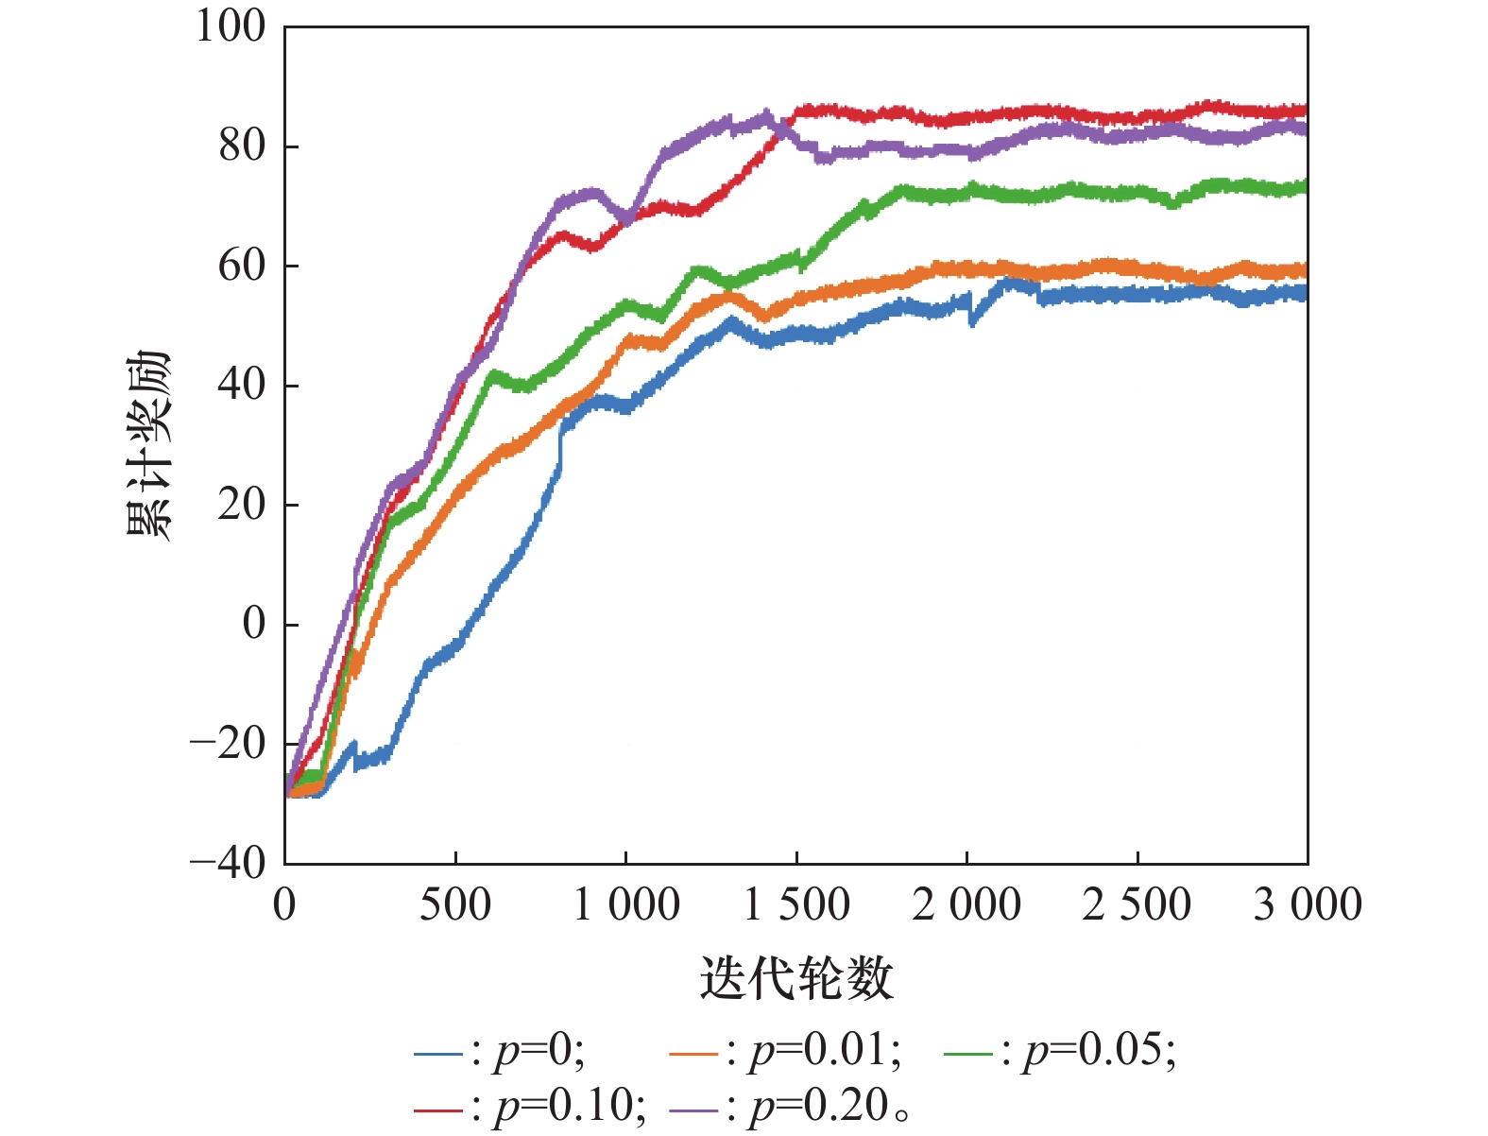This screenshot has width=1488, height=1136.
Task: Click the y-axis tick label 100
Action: point(231,26)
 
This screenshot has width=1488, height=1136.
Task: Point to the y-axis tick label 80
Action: point(242,146)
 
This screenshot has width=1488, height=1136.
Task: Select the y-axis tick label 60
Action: point(242,266)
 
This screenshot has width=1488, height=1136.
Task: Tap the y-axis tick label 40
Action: point(242,386)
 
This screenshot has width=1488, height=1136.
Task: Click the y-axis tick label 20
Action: point(242,505)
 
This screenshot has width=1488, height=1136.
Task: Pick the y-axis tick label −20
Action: point(229,744)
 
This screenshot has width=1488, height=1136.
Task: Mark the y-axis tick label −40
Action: point(229,863)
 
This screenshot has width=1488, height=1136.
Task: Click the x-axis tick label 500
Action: point(455,905)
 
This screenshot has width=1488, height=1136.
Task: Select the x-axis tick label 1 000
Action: point(626,905)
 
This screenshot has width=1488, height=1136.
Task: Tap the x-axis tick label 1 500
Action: point(796,905)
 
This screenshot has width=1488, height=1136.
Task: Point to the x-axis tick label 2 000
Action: point(966,905)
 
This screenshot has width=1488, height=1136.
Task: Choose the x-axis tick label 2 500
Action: point(1137,905)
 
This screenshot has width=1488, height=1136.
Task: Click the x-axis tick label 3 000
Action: point(1308,905)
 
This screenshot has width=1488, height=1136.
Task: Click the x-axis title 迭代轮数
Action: point(796,978)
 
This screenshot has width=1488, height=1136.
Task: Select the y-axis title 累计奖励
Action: point(148,445)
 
